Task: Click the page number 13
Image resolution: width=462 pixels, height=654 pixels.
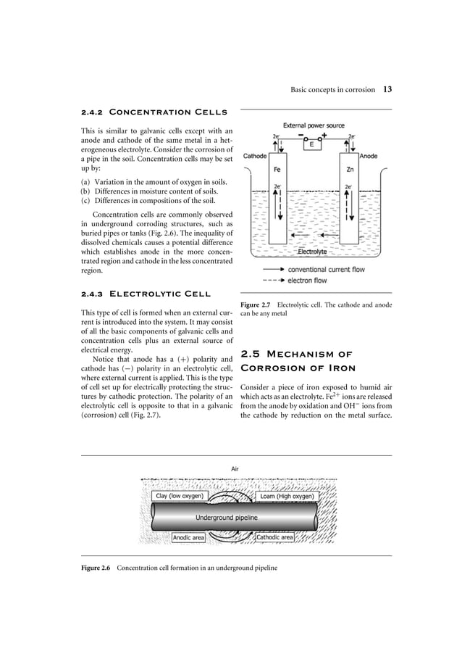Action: click(387, 90)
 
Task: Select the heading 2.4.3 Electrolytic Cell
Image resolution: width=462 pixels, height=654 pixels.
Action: click(146, 294)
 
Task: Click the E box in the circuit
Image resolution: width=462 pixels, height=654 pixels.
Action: click(311, 144)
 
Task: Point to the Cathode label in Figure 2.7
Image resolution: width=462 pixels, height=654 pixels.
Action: click(255, 156)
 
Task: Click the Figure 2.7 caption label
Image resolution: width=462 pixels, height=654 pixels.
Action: click(255, 305)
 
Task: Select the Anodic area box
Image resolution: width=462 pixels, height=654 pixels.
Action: click(189, 538)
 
